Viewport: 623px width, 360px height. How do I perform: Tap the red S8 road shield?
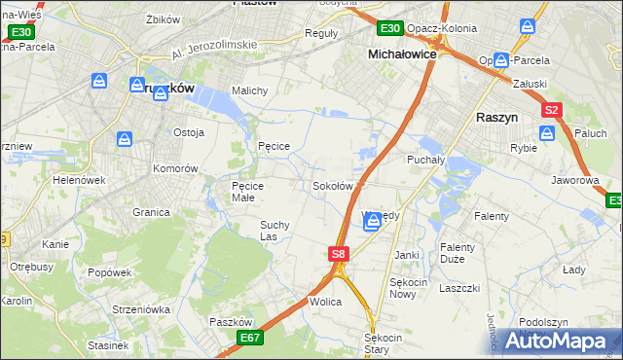(x=338, y=254)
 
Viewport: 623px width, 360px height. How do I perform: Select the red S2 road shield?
(x=552, y=111)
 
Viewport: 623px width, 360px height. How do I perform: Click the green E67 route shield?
(x=250, y=337)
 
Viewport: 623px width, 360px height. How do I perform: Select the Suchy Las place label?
(x=274, y=230)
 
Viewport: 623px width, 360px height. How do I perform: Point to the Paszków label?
(x=231, y=322)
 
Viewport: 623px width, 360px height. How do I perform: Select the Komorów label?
(x=175, y=167)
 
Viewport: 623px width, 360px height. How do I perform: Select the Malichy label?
(x=250, y=90)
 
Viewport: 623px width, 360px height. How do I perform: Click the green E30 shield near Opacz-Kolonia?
(x=390, y=29)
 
